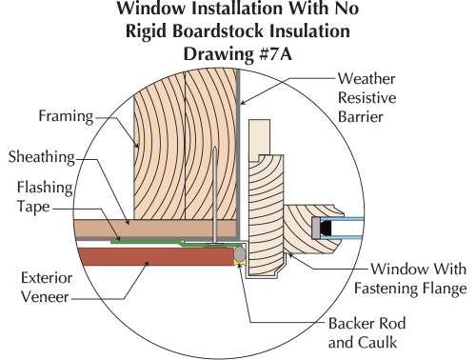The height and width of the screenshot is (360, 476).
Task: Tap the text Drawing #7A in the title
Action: point(238,51)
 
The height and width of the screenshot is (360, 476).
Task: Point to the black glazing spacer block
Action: point(329,228)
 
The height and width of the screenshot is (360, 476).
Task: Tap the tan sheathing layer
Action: point(143,229)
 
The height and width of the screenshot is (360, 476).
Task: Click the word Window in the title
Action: point(154,10)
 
